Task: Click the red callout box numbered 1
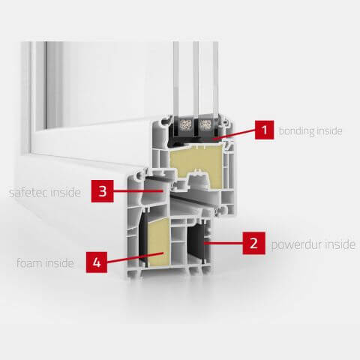tap(264, 130)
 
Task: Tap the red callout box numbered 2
tap(253, 243)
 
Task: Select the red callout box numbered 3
tap(103, 191)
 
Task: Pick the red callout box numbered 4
tap(97, 262)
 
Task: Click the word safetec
tap(28, 193)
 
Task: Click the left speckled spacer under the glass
tap(186, 124)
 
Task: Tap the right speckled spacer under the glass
tap(205, 124)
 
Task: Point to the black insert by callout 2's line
tap(196, 243)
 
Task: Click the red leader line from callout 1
tap(234, 133)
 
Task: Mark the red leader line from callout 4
tap(135, 258)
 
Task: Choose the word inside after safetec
tap(66, 192)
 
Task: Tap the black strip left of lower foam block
tap(143, 239)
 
